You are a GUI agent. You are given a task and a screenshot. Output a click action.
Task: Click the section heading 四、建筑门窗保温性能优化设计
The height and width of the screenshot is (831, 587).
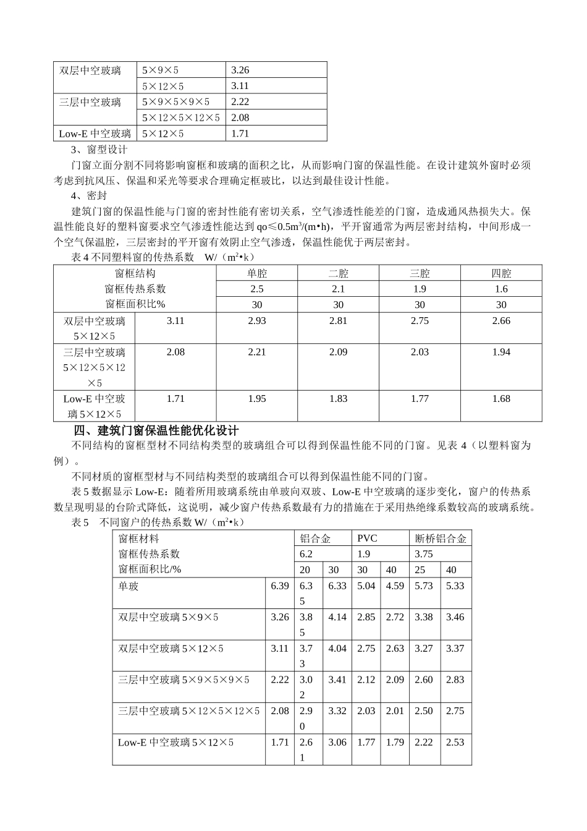click(156, 430)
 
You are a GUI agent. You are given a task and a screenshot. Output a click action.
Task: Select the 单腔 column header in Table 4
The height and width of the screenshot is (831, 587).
click(256, 273)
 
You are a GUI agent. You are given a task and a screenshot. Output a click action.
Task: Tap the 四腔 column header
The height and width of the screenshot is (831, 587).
click(501, 273)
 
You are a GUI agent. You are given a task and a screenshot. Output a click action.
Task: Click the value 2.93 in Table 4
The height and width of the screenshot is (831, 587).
click(256, 320)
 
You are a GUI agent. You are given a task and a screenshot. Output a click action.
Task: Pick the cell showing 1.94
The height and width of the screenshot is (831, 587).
click(501, 352)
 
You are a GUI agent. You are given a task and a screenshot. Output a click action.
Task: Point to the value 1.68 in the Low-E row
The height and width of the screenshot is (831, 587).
click(501, 399)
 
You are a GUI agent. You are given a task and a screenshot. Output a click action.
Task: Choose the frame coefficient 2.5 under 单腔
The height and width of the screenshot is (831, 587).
click(256, 289)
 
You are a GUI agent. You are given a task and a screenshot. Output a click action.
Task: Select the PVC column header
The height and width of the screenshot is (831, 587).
click(367, 539)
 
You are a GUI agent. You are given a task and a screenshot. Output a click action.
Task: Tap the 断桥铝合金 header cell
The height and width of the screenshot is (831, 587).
click(441, 539)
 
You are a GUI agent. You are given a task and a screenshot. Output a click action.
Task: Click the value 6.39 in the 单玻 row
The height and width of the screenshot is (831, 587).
click(279, 586)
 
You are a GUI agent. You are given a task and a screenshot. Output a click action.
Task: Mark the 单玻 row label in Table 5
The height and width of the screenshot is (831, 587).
click(129, 586)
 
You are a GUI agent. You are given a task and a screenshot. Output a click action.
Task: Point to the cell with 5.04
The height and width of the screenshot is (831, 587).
click(366, 586)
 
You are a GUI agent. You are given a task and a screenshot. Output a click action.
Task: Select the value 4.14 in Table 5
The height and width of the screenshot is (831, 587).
click(337, 617)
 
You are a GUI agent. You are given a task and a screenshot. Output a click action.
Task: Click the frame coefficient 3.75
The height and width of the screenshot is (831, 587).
click(424, 554)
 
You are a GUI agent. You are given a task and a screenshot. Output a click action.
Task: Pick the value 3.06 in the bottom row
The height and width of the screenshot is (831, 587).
click(337, 742)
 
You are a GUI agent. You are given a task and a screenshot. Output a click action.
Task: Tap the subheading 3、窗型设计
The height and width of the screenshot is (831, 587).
click(99, 150)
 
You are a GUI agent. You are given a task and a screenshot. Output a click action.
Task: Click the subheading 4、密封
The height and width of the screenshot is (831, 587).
click(90, 196)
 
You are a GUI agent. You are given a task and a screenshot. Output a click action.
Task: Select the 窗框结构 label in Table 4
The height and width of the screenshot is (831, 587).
click(135, 273)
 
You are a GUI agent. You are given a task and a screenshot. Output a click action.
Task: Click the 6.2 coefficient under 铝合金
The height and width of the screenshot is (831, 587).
click(306, 554)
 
